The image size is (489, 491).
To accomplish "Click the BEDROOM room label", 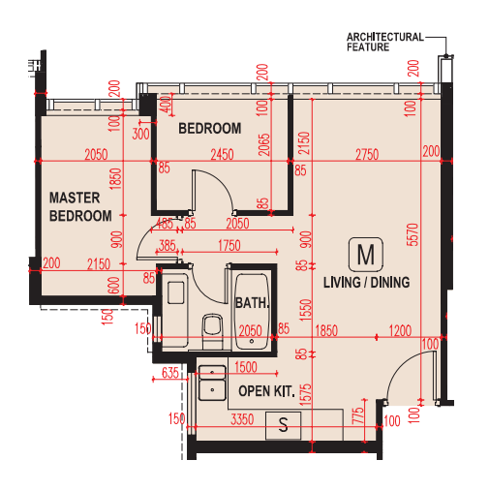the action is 210,129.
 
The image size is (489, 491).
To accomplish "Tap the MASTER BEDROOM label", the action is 80,207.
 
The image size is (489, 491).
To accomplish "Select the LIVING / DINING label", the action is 367,283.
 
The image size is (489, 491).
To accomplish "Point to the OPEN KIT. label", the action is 266,391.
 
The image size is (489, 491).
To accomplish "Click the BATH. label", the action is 252,303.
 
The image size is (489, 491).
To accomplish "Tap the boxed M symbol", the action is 366,255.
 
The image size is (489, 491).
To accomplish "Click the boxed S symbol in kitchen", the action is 283,425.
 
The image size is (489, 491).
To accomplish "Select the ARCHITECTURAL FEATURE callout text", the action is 385,42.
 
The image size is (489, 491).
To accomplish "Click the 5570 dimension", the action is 413,234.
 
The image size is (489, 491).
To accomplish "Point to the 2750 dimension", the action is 367,155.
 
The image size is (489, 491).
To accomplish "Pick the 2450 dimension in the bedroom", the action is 222,155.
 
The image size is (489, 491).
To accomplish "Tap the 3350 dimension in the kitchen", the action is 242,419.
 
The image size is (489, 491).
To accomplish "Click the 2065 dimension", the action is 263,144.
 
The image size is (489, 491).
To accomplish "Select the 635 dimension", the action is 170,373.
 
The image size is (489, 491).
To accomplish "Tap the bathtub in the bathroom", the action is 252,312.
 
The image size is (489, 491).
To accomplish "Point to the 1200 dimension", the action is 400,331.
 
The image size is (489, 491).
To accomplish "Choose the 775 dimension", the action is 358,415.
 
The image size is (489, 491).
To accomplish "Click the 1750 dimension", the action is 229,246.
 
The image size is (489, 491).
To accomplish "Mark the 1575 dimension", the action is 306,394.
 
